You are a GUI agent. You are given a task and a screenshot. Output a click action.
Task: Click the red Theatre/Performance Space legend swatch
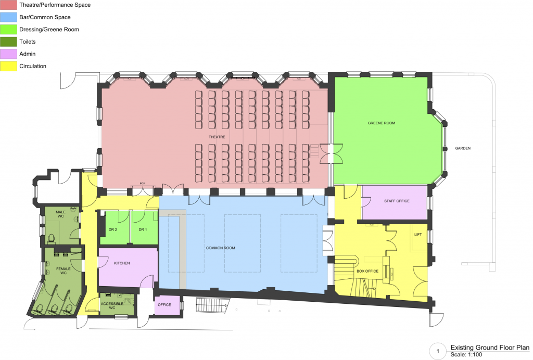9,5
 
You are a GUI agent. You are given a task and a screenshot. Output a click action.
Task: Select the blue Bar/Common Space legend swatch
9,17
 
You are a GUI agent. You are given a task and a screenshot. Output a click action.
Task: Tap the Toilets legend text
27,42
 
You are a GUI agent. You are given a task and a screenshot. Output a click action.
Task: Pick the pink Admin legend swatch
9,54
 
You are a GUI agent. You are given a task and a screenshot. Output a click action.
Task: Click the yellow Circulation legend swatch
9,66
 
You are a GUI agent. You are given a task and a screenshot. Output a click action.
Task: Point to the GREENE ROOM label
382,123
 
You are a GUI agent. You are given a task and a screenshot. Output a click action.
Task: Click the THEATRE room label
217,137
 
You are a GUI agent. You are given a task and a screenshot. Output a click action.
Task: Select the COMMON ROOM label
220,248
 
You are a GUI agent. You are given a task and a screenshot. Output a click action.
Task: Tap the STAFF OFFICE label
397,201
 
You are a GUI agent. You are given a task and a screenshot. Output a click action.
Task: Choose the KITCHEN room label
122,263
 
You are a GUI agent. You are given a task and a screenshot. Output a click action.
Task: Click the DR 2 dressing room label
113,229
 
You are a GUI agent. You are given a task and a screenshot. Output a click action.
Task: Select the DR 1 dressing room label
143,229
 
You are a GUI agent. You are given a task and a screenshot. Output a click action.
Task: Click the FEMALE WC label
63,271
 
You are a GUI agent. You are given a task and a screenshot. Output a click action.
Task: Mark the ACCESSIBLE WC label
111,305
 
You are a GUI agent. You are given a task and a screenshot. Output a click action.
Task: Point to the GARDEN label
463,148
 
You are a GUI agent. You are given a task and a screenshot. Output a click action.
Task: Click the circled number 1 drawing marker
438,352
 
